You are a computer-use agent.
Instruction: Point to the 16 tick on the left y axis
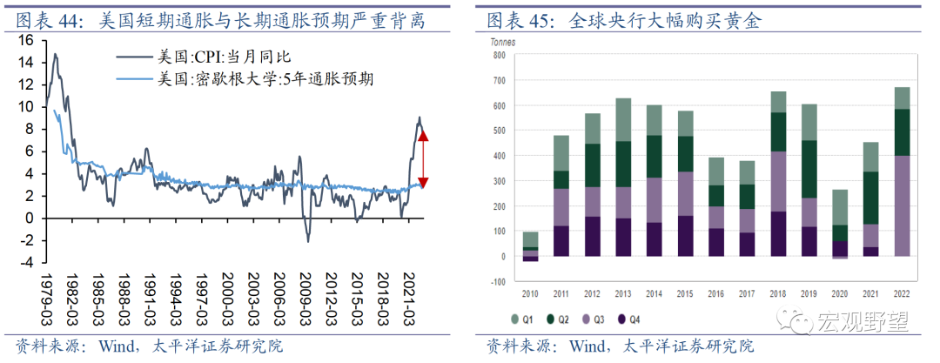(x=25, y=41)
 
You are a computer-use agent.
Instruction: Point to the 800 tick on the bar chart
(x=499, y=55)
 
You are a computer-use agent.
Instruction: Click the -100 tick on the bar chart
(x=497, y=282)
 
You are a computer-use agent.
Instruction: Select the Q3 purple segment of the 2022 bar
(x=903, y=205)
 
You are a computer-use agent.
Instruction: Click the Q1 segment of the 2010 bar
(x=530, y=239)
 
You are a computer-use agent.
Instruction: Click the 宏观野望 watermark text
(x=863, y=323)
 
